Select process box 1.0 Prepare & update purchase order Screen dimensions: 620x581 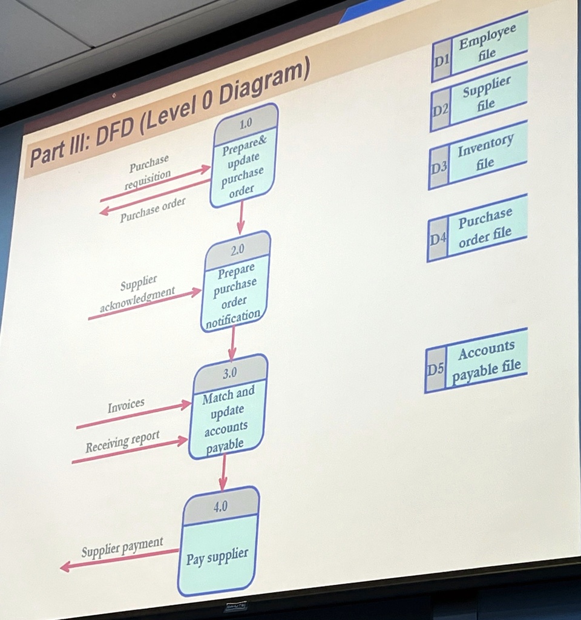pos(243,156)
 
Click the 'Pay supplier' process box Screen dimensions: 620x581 pos(218,542)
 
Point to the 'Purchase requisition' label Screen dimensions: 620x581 pos(148,172)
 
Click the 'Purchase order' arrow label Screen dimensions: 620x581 pos(153,209)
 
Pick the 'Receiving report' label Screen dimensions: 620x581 pos(122,442)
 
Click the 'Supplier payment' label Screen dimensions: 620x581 pos(122,548)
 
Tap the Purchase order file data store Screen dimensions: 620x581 pos(476,228)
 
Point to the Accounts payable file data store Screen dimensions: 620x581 pos(476,361)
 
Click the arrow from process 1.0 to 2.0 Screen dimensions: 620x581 pos(241,218)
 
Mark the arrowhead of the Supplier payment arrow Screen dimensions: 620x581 pos(65,567)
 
